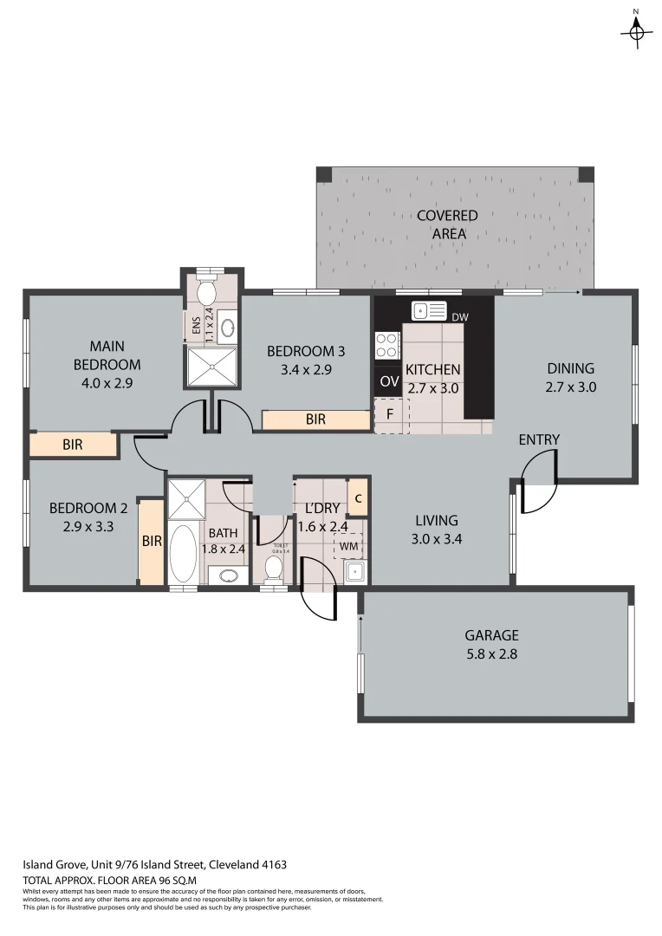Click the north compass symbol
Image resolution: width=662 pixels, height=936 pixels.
point(636,31)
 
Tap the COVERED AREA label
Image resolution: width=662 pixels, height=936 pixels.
point(447,224)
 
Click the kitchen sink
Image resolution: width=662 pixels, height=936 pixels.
point(428,310)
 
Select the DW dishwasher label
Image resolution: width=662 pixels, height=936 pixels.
point(460,317)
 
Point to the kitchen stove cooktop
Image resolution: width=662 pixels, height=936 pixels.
point(386,345)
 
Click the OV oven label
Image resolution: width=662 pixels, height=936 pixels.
point(389,381)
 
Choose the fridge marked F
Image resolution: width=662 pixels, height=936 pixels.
point(389,414)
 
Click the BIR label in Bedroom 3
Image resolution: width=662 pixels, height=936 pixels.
point(315,419)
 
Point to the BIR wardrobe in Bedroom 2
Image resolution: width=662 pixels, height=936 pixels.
point(152,541)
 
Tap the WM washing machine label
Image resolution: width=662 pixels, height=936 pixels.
point(348,546)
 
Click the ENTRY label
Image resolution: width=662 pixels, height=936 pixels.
point(539,439)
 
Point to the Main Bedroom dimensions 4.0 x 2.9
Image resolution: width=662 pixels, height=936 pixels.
point(107,381)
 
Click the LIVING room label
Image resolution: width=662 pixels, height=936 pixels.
point(435,520)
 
